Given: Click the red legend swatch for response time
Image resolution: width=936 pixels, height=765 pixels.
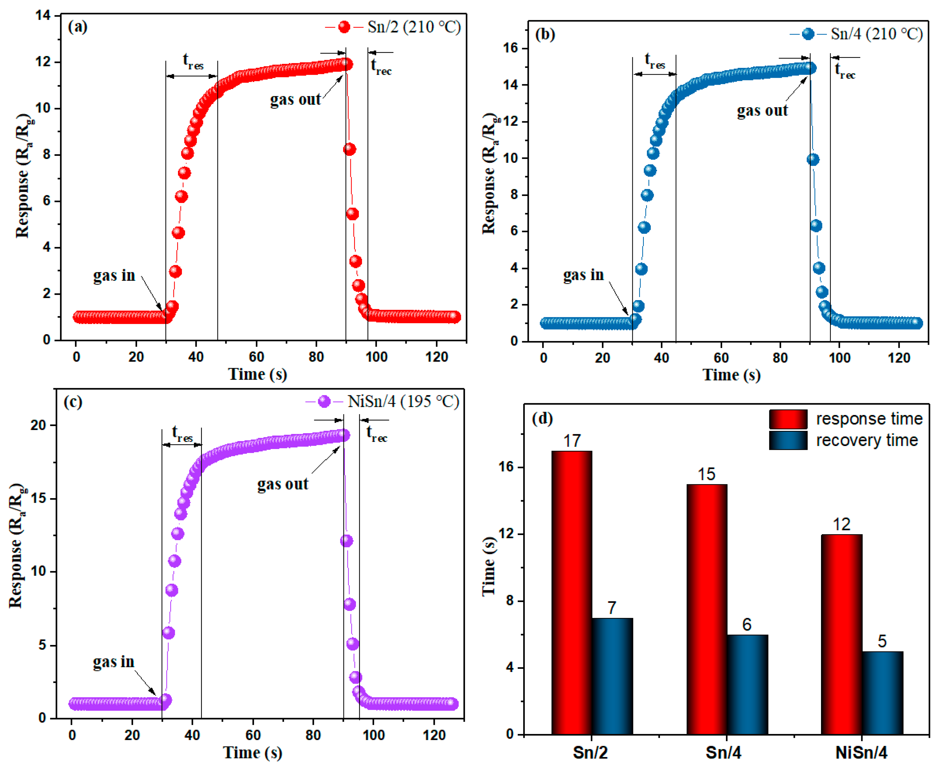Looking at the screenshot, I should (x=788, y=419).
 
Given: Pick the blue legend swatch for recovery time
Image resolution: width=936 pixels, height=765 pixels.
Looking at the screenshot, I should (x=788, y=440).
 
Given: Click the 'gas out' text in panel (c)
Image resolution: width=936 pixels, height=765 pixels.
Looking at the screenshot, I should (x=283, y=484).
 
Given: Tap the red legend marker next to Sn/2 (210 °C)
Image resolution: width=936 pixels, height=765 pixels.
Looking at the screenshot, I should (x=344, y=27).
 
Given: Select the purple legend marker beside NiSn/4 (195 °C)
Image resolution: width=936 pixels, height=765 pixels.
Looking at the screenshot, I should (x=324, y=401).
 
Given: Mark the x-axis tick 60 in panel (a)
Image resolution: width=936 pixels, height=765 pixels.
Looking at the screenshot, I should (x=256, y=357).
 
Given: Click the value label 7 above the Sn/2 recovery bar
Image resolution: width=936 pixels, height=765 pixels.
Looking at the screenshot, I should (x=611, y=608).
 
